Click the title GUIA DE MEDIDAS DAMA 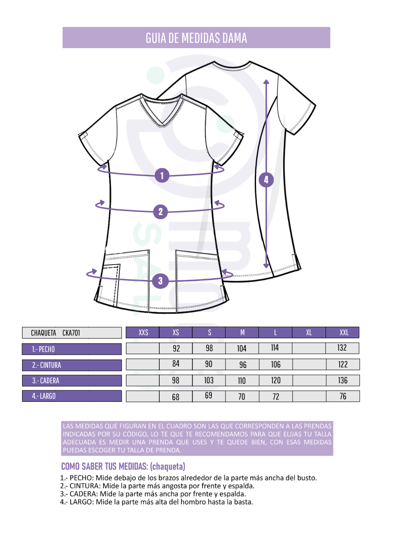coord(196,38)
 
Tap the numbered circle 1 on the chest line coord(162,175)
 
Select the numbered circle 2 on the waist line coord(161,212)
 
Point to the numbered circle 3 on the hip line coord(161,281)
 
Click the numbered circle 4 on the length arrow coord(266,180)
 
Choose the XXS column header coord(142,333)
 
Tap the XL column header coord(309,333)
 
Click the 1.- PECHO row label coord(72,349)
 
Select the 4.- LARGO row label coord(72,396)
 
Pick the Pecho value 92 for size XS coord(176,348)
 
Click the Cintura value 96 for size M coord(243,365)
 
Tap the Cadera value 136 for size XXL coord(342,380)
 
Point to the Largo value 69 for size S coord(208,395)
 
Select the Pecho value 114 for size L coord(275,348)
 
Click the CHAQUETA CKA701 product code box coord(72,333)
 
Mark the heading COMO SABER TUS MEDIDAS coord(104,466)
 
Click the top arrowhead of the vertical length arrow coord(266,82)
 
